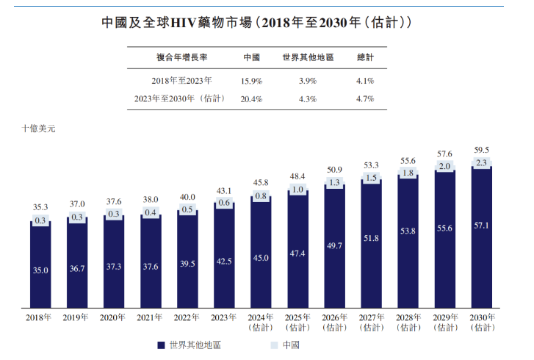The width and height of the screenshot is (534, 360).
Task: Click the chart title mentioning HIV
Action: click(267, 23)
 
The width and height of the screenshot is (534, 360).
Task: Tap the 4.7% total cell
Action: click(365, 98)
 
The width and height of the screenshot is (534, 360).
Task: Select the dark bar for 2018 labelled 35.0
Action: click(40, 270)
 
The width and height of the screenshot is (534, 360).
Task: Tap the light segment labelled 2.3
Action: click(481, 162)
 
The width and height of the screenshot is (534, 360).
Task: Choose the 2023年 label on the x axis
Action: click(224, 317)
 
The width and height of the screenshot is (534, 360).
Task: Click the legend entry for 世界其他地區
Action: click(187, 345)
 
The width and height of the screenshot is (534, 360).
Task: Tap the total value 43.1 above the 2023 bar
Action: click(224, 190)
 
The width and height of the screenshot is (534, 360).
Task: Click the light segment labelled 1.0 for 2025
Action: click(297, 190)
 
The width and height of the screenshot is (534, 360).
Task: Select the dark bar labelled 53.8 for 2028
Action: click(408, 231)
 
